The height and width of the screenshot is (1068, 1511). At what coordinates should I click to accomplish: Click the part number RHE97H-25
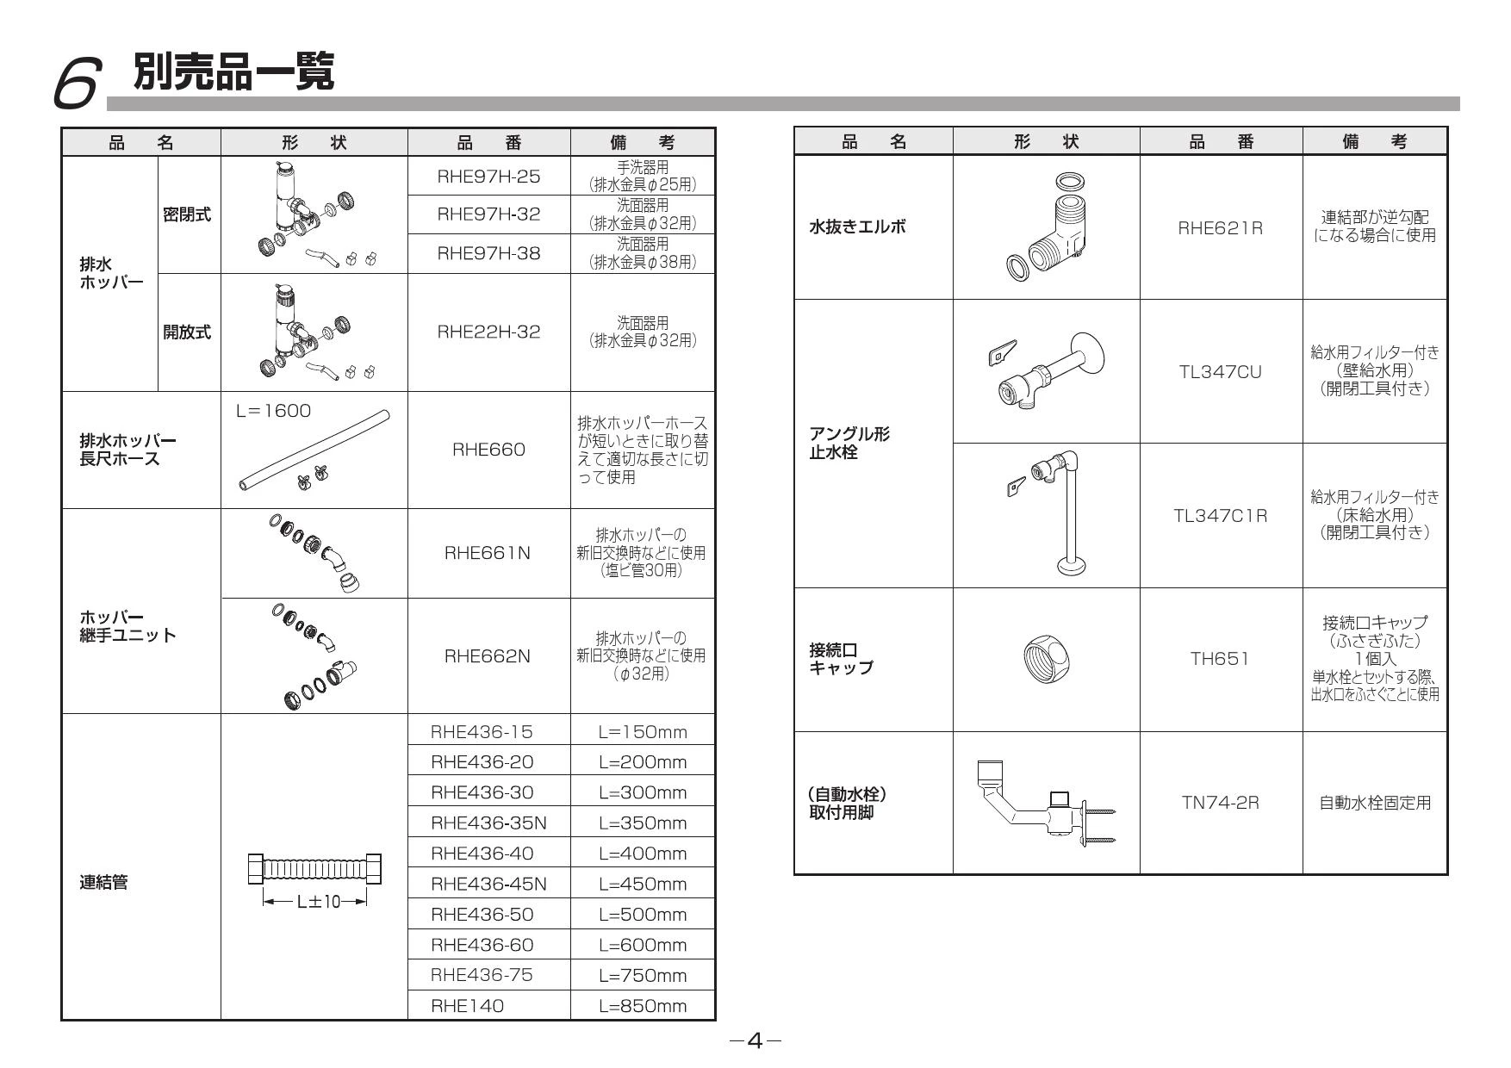(488, 177)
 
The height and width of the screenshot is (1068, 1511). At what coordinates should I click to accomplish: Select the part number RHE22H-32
(488, 332)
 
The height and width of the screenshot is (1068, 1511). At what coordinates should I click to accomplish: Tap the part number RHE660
(488, 450)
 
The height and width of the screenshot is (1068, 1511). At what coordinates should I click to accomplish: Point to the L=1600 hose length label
(273, 411)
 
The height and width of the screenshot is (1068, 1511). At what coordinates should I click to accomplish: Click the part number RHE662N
(488, 656)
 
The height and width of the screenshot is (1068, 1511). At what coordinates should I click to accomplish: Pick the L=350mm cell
(643, 823)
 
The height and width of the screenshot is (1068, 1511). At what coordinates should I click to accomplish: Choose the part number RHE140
(468, 1005)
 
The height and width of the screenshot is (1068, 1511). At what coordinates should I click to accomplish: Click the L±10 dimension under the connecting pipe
(314, 902)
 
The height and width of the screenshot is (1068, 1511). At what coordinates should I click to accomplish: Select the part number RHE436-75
(482, 975)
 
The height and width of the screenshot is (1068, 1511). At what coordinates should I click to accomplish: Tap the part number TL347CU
(1221, 372)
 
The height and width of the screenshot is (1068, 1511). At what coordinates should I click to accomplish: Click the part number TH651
(1221, 659)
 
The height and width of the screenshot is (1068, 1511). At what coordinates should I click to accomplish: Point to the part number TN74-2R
(1221, 803)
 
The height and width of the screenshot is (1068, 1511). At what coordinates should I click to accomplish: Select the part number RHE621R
(1221, 228)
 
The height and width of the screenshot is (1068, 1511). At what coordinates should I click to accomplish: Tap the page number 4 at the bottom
(755, 1041)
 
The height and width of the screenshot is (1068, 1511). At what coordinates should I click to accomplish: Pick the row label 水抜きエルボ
(857, 227)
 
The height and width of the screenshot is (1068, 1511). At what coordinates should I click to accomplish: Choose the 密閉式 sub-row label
(188, 215)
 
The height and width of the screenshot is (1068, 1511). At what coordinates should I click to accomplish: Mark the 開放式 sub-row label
(188, 332)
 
